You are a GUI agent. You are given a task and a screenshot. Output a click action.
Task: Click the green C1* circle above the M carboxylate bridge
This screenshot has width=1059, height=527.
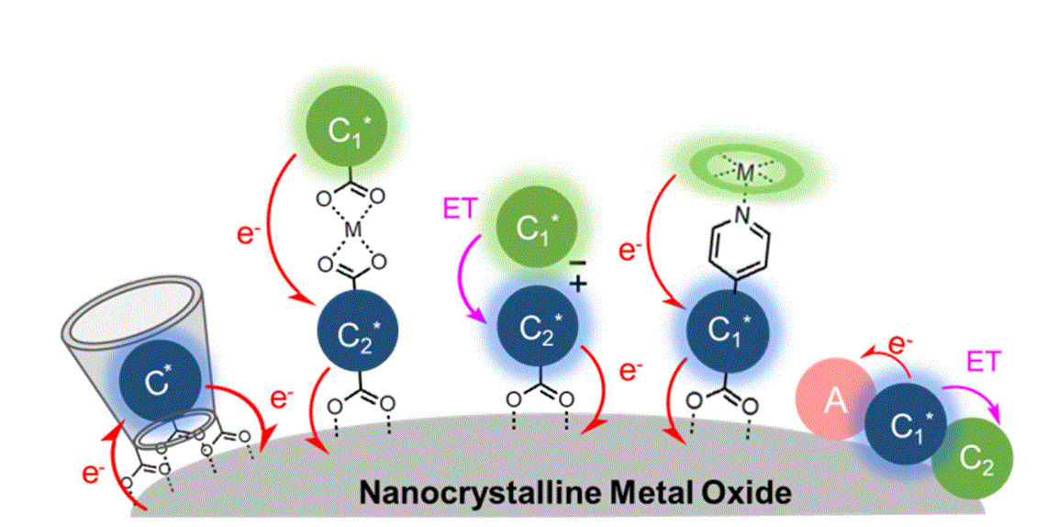click(340, 128)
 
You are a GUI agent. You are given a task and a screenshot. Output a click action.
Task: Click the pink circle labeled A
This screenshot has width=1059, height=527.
click(834, 401)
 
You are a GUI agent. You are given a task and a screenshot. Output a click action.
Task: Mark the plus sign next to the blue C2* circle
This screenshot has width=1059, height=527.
click(577, 285)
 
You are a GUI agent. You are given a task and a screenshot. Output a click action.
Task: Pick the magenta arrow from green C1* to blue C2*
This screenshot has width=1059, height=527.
click(480, 275)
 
